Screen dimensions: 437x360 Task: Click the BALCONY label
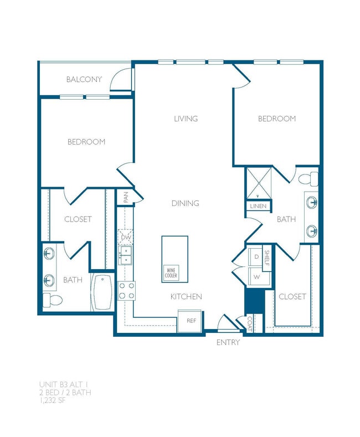pos(84,79)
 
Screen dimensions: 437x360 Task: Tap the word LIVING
pos(186,119)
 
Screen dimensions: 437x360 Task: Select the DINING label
pos(185,203)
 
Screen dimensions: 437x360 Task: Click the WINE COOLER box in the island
pos(171,273)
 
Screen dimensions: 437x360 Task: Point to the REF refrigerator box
pos(191,321)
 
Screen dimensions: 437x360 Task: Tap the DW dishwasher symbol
pos(126,238)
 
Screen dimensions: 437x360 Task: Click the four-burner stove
pos(126,291)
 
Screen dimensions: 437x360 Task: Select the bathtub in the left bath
pos(102,292)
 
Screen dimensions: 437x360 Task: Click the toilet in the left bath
pos(53,301)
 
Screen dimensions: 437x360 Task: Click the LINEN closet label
pos(258,206)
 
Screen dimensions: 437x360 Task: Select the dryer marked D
pos(256,257)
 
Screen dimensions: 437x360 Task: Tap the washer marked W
pos(256,276)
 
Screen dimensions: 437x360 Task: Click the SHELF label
pos(266,258)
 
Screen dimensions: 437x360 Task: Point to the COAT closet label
pos(250,323)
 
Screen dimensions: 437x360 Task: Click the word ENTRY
pos(228,342)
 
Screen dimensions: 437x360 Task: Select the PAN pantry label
pos(126,197)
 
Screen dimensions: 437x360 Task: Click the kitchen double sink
pos(126,256)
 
